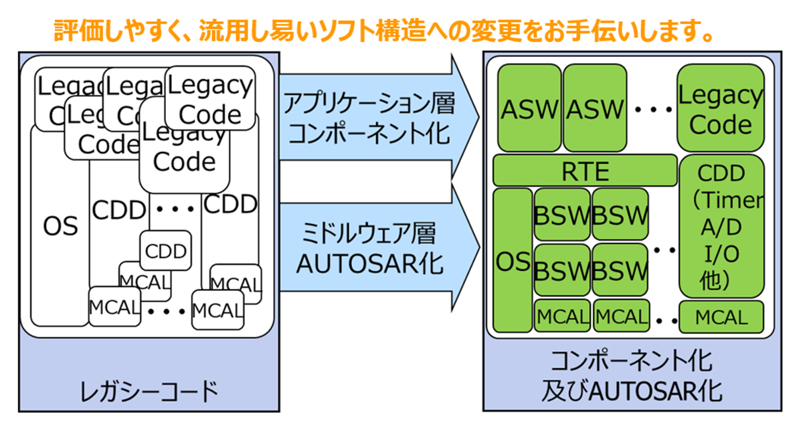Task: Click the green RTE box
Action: click(584, 171)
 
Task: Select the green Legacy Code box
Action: click(720, 108)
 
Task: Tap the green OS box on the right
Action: click(513, 261)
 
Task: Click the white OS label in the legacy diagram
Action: click(61, 225)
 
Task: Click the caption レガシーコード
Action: click(149, 391)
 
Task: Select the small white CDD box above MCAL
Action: click(165, 251)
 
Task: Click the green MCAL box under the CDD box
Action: click(721, 316)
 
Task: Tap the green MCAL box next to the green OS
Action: click(562, 316)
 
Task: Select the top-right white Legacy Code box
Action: click(209, 98)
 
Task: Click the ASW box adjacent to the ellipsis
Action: click(594, 109)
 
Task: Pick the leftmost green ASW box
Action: click(529, 109)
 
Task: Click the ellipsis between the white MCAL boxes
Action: click(165, 310)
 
